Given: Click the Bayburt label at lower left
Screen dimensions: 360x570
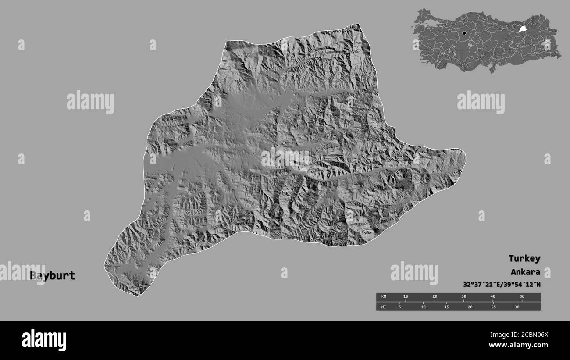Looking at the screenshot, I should [53, 276].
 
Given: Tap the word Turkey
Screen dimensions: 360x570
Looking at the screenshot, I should [524, 258].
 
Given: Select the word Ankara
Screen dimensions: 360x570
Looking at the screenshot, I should [525, 271].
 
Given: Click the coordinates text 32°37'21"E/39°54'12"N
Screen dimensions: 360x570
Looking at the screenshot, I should [502, 284].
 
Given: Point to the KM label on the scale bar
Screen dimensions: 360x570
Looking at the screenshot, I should [384, 297].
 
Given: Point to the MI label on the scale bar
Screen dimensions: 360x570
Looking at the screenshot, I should [384, 307].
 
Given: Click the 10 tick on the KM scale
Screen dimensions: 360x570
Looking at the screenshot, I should [405, 297].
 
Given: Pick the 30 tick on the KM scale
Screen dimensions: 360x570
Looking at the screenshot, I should [463, 297].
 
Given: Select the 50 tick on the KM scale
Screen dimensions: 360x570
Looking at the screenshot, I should [522, 297].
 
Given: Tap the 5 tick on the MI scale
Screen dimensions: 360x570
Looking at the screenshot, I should [400, 307].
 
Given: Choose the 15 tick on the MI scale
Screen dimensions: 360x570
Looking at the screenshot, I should [447, 307].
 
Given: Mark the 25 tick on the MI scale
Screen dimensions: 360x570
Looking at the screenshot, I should [494, 307].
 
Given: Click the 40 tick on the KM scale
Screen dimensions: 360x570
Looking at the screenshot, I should [493, 297].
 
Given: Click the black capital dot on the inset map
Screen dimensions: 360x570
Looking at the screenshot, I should [464, 33].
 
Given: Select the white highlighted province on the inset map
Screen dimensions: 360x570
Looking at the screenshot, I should [523, 29].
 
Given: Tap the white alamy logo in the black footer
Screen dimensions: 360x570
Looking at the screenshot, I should [44, 340].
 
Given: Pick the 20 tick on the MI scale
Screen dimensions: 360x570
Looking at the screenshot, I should [470, 307].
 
